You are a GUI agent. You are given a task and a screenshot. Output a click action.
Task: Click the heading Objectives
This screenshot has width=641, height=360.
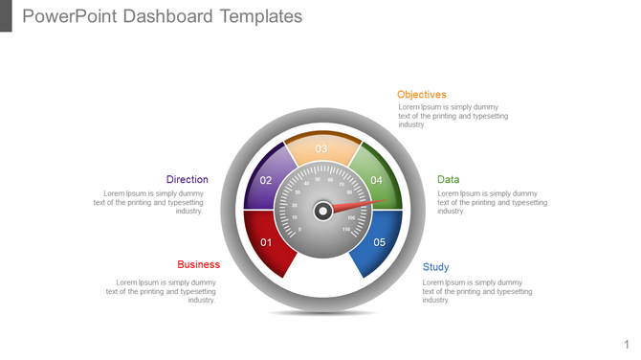point(421,95)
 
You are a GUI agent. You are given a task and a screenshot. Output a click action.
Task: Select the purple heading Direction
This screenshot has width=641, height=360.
point(187,179)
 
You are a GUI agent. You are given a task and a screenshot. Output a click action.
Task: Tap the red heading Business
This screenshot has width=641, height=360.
point(198,264)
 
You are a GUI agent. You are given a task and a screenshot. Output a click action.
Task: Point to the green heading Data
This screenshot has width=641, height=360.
point(448,179)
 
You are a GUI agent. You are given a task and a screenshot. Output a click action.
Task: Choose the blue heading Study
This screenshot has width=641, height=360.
point(435,267)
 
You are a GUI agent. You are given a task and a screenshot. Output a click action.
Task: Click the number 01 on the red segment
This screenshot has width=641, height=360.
point(267,242)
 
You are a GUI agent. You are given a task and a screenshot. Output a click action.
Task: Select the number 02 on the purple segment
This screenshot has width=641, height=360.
point(267,180)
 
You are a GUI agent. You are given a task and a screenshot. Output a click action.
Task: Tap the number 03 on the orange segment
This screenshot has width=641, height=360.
point(321,148)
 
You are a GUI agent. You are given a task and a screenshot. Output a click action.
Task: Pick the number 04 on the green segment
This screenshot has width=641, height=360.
point(377,180)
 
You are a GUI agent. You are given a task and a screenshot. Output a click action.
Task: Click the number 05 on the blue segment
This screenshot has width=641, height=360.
point(379,242)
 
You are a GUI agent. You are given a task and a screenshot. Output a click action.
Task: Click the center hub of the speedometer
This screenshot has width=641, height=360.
point(323,210)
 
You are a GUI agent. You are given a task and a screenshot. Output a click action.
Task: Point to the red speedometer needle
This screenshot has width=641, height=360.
point(364,204)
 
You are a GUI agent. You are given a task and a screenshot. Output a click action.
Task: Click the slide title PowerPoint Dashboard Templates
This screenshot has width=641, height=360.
point(162,16)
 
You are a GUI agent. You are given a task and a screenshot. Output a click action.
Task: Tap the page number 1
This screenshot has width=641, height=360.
point(627,344)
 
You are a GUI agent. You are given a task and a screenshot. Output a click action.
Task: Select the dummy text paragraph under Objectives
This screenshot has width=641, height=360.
point(453,116)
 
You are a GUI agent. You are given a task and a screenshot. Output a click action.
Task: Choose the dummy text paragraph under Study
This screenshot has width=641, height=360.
point(476,291)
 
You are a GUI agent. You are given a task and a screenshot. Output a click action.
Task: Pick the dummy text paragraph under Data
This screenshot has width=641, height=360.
point(492,202)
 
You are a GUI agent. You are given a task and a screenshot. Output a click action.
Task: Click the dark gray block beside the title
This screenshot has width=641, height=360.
point(6,15)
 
